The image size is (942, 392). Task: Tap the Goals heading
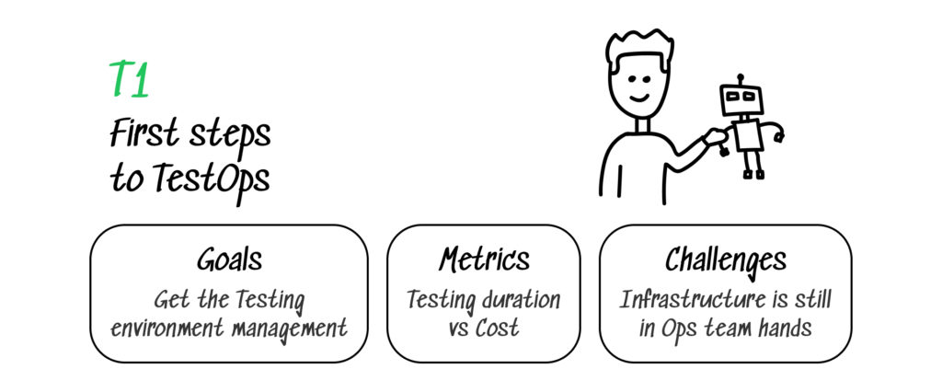click(x=228, y=259)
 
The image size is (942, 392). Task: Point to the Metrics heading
click(x=484, y=259)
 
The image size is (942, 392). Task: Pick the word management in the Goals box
click(x=295, y=328)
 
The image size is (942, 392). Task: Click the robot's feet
click(x=753, y=174)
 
